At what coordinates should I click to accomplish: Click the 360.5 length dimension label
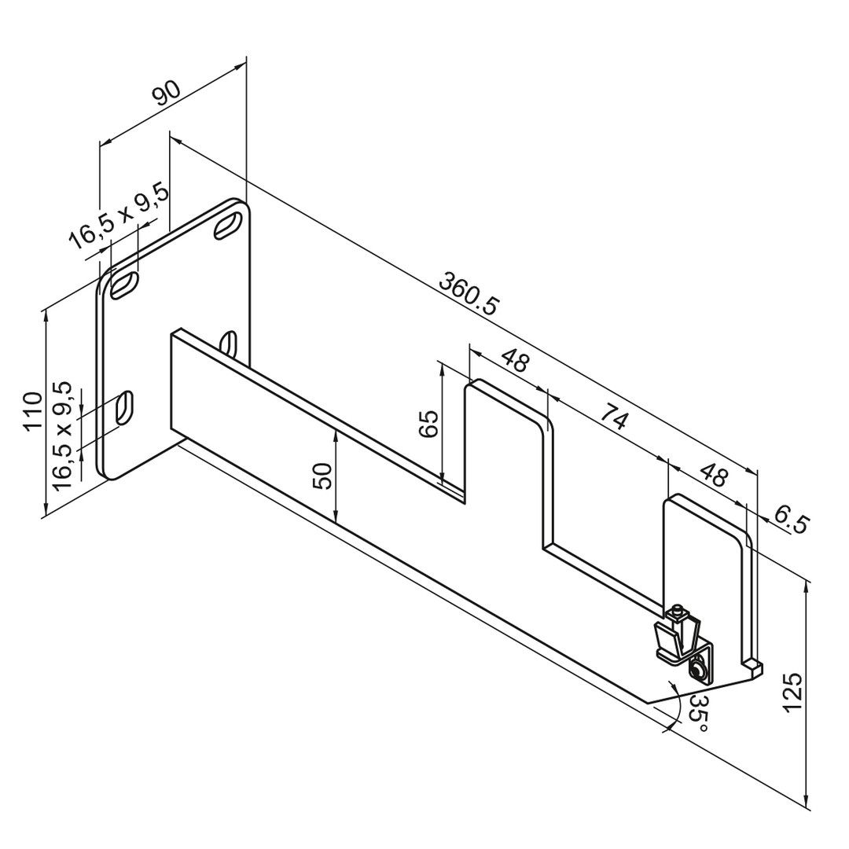click(467, 295)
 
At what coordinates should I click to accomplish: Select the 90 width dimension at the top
click(166, 93)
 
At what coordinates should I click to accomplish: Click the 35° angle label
click(698, 712)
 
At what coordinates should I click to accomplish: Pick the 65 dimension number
click(428, 424)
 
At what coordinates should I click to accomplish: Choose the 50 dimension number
click(323, 476)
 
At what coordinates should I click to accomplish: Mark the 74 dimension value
click(613, 419)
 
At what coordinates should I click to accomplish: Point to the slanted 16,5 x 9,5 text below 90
click(119, 217)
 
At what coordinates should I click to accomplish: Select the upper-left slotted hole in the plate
click(124, 285)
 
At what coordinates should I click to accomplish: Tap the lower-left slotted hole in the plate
click(124, 408)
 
